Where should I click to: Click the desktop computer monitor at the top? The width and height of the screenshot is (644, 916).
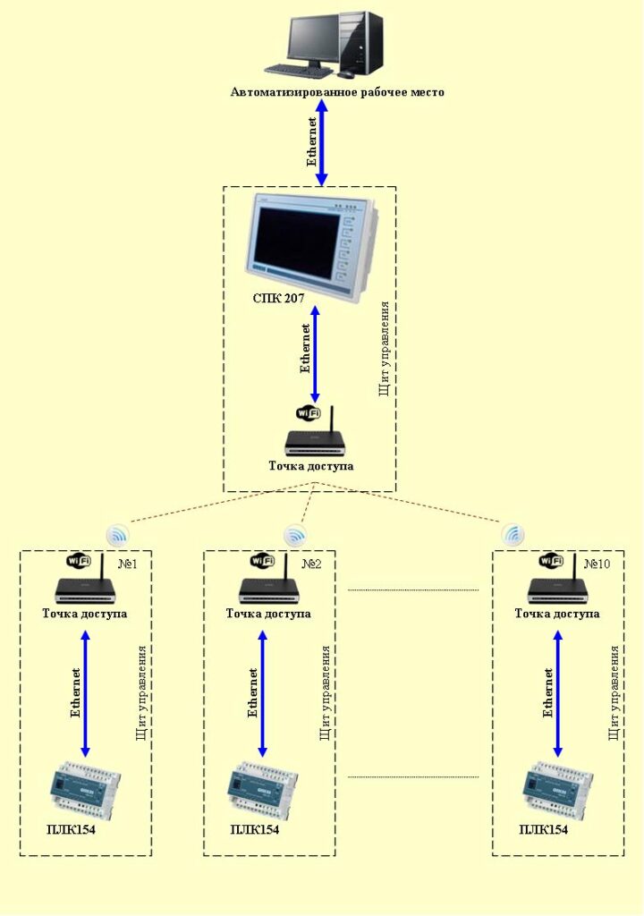313,40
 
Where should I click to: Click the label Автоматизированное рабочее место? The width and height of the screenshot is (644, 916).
337,92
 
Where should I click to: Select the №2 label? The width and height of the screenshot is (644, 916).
311,564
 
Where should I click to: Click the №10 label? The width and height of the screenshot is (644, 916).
597,564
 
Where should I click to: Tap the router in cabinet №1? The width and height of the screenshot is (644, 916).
86,588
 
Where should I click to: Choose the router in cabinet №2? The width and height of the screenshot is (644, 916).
268,588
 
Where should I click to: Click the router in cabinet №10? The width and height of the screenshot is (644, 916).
556,588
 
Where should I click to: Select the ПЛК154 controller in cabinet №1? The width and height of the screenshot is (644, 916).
85,788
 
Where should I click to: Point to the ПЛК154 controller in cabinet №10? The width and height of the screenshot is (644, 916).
555,788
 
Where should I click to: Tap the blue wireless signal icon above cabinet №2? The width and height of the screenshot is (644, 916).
295,536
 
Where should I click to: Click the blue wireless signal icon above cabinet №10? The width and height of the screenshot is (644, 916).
513,535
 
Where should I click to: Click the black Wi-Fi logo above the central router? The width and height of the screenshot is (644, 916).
309,413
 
